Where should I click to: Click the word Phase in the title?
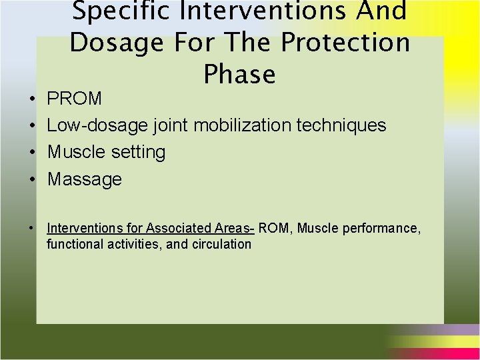click(240, 74)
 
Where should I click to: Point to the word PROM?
click(75, 99)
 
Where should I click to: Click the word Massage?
click(85, 179)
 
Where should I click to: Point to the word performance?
click(382, 229)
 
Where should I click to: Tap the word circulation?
click(221, 244)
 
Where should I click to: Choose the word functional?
click(71, 244)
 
